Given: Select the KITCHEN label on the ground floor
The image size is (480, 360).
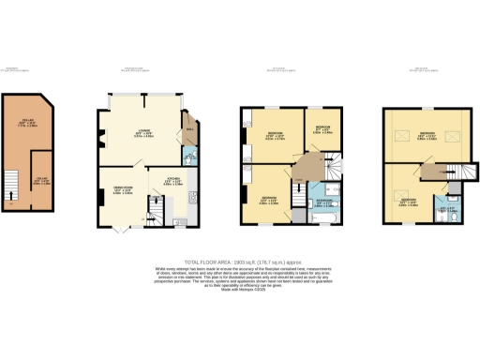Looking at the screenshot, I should click(173, 183).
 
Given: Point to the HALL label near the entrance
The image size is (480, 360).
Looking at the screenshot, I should click(187, 128).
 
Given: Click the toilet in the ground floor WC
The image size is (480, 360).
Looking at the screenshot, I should click(188, 160).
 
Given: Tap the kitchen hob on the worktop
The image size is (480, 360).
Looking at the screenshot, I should click(190, 198).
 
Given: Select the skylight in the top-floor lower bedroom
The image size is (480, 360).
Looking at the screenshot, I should click(401, 183).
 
